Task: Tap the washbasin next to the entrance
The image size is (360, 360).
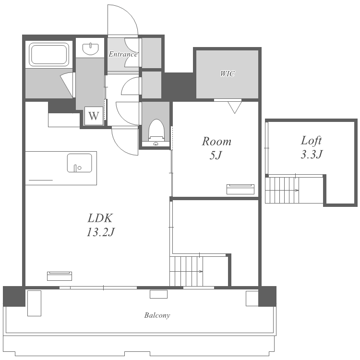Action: point(90,48)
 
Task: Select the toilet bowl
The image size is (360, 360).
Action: point(156,130)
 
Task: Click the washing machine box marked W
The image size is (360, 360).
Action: point(94,116)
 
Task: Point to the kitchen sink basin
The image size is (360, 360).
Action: point(79,163)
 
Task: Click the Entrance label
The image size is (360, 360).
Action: point(123,54)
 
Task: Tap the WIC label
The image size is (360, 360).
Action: point(228,74)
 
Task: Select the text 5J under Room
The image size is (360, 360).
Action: point(216,156)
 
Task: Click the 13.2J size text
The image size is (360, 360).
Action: point(100,232)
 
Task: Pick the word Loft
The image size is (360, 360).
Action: point(311,141)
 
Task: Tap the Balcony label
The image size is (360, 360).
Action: point(157,315)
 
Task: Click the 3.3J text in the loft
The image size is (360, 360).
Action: point(312,154)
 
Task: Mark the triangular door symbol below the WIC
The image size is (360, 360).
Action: point(235,107)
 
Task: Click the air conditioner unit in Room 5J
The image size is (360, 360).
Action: point(240,189)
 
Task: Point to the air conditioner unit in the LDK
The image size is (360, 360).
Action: point(60,276)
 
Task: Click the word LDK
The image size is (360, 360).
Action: point(100,218)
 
